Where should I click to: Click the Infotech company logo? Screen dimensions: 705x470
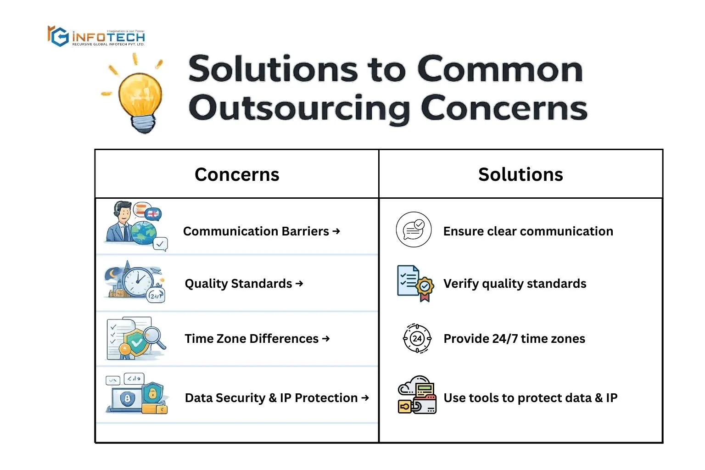(96, 36)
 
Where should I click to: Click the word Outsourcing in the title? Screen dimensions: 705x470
(299, 109)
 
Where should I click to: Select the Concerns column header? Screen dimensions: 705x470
(237, 174)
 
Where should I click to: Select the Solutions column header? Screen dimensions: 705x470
(520, 174)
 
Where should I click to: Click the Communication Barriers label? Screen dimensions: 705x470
(256, 231)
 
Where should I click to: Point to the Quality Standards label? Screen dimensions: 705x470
(238, 284)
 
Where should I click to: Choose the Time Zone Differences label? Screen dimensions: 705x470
(252, 339)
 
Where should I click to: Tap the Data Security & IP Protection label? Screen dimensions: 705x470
(271, 398)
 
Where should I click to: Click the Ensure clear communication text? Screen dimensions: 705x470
(528, 231)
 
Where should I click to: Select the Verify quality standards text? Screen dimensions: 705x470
(515, 284)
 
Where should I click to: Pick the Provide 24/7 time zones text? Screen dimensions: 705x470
(514, 339)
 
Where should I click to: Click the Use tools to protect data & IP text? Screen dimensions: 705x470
(530, 398)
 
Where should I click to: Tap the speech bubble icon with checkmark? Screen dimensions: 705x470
(414, 229)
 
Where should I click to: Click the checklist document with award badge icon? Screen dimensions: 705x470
(415, 283)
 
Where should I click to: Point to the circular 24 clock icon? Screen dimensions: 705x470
(417, 338)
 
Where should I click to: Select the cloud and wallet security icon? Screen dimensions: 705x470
(417, 394)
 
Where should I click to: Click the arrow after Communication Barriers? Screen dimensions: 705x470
(336, 231)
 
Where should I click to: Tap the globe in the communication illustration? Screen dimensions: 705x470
(144, 233)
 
